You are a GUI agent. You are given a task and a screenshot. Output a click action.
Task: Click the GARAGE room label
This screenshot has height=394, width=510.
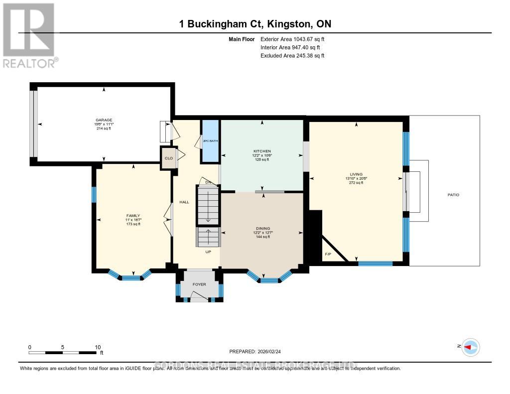[104, 120]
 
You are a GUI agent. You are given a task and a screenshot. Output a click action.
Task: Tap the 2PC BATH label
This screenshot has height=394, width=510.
[210, 141]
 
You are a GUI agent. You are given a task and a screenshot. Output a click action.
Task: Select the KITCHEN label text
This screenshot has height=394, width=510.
[262, 151]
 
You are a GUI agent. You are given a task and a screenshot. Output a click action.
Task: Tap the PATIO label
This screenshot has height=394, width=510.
[453, 195]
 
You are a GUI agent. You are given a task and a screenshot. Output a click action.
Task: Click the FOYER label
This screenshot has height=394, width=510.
[199, 284]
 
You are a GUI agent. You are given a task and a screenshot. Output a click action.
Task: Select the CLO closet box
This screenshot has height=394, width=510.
[168, 158]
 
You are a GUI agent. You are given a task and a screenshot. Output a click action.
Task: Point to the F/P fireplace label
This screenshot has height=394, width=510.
[328, 255]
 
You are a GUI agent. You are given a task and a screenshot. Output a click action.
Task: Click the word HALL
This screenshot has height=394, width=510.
[183, 202]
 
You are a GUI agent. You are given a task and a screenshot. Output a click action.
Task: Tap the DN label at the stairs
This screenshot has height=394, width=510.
[209, 182]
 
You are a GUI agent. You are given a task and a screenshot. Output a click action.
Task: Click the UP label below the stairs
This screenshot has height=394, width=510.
[209, 252]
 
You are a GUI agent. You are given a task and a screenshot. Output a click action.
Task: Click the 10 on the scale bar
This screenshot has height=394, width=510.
[98, 347]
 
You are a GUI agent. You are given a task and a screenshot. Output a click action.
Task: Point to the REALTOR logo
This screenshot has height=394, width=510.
[29, 35]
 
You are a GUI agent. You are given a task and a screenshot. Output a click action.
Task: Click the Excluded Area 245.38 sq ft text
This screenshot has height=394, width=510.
[292, 56]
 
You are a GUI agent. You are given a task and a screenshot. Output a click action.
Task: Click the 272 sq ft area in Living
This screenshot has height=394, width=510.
[356, 183]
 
